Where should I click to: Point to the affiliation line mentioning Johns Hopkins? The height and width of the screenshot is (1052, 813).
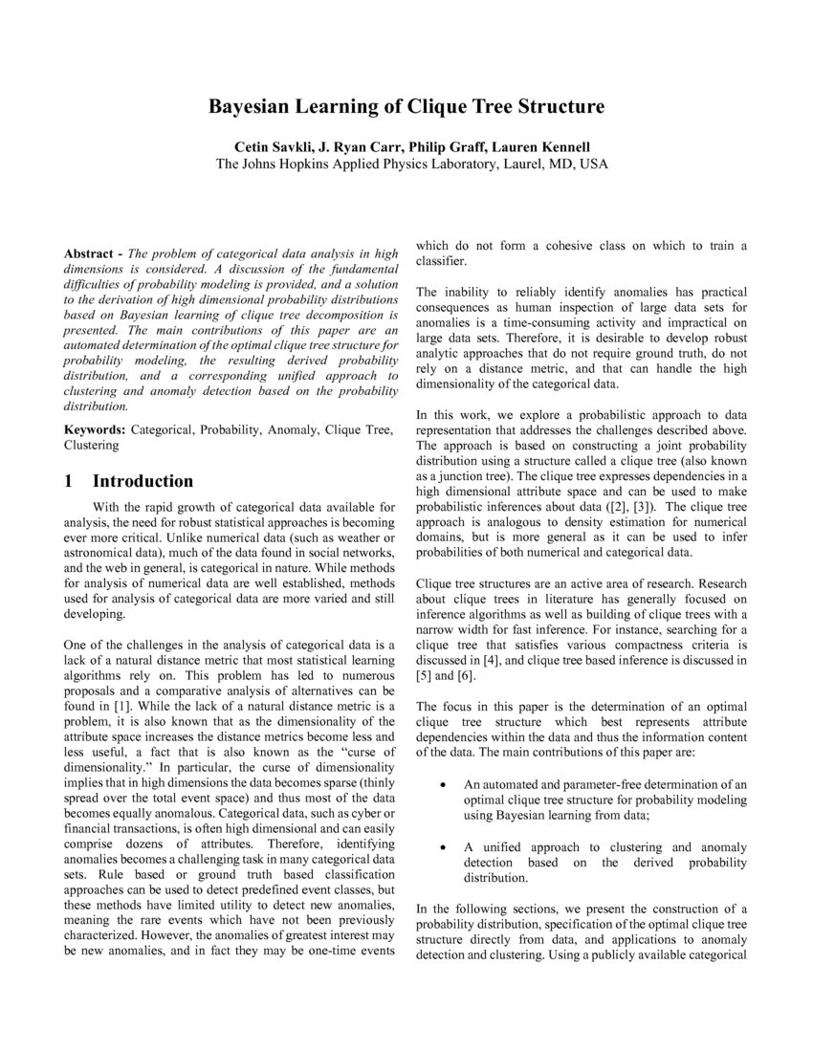[411, 164]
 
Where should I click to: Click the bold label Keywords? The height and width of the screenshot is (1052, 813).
[94, 430]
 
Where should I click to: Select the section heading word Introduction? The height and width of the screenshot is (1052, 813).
[143, 480]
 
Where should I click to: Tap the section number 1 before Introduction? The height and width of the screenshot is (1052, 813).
[70, 480]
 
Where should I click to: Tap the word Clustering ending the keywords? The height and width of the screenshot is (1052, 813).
[92, 446]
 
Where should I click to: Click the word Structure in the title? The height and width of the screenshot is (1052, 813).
[561, 106]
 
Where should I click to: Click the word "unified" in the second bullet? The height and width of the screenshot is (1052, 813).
[510, 847]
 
